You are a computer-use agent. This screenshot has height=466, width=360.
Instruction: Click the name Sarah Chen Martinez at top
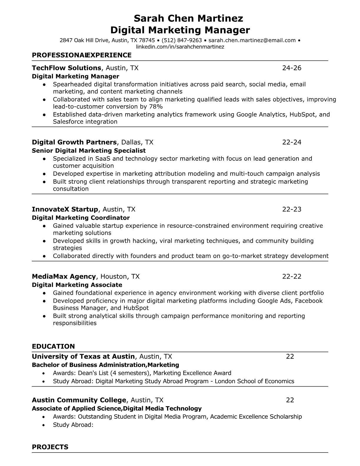click(188, 19)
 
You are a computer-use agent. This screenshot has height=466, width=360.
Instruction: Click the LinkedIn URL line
click(180, 47)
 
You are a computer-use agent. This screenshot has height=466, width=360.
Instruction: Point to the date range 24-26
click(292, 68)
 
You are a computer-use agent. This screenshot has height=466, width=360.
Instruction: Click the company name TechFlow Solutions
click(66, 68)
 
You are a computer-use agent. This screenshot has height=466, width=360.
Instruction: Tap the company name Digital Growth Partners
click(74, 142)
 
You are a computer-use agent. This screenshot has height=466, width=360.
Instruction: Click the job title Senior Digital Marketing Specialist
click(89, 151)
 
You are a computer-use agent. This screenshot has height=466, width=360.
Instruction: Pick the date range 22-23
click(292, 209)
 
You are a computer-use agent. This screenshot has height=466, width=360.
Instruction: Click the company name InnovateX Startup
click(65, 209)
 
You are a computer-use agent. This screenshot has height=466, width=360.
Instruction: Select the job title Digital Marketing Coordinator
click(81, 218)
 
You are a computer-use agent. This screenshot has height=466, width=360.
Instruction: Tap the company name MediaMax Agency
click(64, 277)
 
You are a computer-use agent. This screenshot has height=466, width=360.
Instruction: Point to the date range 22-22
click(292, 277)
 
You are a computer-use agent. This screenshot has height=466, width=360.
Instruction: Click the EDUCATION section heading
click(53, 346)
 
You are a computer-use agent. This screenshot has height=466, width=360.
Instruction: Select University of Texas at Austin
click(83, 357)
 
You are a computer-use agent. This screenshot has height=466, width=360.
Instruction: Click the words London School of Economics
click(254, 381)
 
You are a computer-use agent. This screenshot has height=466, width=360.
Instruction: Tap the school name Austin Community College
click(79, 400)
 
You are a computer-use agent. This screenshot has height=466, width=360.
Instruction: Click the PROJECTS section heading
click(50, 447)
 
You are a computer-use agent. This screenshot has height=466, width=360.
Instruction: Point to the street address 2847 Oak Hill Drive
click(84, 40)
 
